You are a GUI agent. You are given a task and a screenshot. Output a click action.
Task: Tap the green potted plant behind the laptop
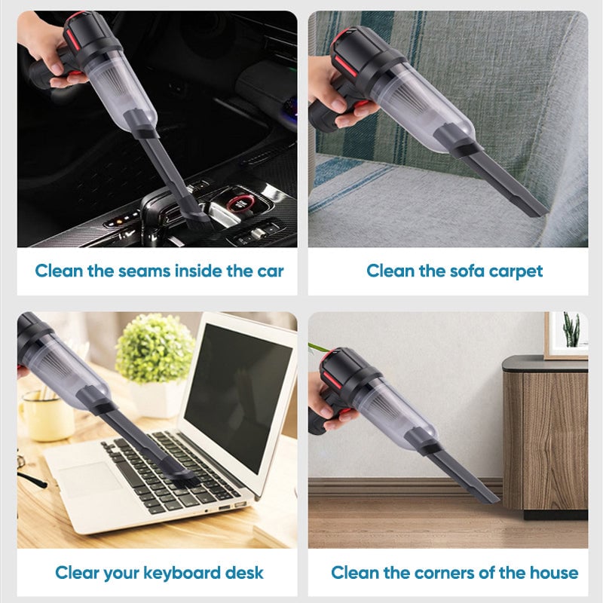point(155,348)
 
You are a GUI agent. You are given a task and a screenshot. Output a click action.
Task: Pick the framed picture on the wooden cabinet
point(566,335)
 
